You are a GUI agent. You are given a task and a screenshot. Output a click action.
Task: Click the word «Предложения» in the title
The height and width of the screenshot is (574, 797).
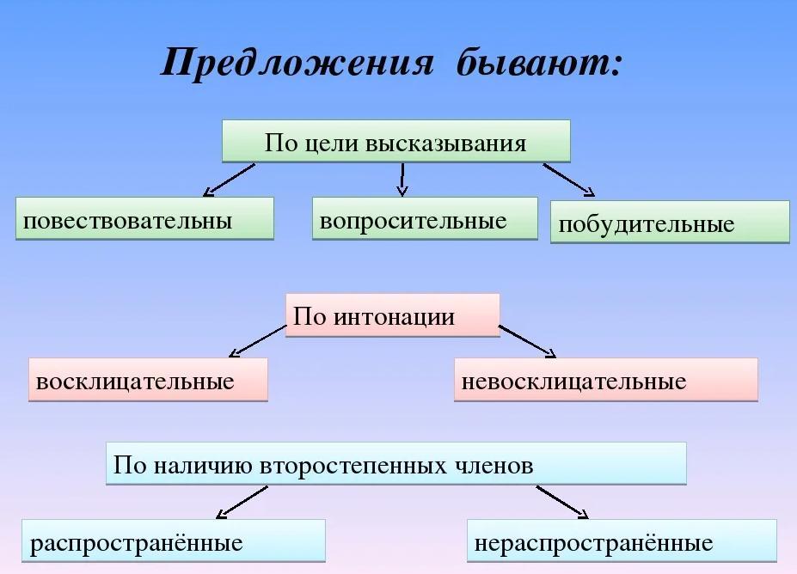(x=297, y=63)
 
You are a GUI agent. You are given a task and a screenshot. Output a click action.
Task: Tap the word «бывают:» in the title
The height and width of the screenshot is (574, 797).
(x=539, y=63)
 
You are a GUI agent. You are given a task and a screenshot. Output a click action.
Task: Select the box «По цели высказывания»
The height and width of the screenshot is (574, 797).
(x=396, y=142)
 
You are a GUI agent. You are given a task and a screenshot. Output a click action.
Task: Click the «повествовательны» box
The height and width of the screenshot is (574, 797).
(x=144, y=218)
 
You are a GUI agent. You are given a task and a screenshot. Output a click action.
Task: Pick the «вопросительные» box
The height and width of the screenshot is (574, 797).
(x=425, y=218)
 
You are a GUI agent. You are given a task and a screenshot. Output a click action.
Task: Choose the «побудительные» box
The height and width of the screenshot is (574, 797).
(x=670, y=222)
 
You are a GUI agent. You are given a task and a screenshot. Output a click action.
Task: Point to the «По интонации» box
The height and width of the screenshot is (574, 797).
(x=392, y=315)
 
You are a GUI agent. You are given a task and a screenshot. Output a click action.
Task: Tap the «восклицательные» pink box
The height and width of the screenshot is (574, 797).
(x=148, y=380)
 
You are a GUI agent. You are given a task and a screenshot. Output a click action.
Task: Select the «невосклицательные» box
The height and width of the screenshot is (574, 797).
(x=606, y=380)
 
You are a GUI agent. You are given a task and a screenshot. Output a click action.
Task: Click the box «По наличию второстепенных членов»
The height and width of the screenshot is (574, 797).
(x=396, y=463)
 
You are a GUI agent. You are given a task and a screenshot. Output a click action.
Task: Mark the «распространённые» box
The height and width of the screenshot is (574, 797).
(x=174, y=540)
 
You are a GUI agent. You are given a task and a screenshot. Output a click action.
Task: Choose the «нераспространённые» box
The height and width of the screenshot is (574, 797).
(x=622, y=540)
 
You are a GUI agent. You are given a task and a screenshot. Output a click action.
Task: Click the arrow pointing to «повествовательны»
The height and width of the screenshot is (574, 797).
(x=229, y=180)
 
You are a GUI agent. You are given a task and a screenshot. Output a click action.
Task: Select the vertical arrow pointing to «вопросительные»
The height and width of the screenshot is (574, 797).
(x=402, y=180)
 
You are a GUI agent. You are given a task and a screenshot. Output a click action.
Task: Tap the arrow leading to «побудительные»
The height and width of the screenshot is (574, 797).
(x=569, y=180)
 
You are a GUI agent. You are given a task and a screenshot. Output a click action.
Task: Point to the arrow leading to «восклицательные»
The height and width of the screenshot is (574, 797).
(x=258, y=341)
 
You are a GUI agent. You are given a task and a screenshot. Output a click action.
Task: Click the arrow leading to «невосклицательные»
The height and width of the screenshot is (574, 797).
(x=528, y=341)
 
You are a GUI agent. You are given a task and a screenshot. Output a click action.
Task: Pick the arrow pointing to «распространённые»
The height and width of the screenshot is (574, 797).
(x=242, y=503)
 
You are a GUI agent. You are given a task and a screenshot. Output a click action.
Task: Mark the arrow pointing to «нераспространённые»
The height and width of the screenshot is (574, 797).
(x=562, y=503)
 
